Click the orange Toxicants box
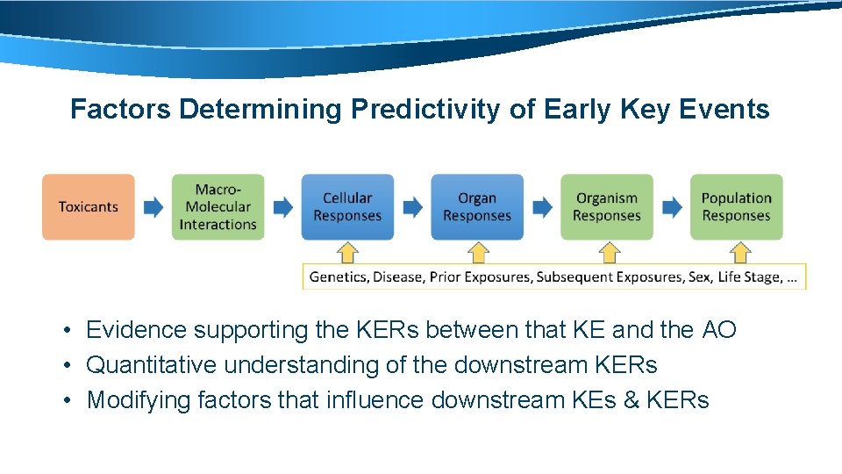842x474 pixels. [89, 207]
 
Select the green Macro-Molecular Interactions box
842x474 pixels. [218, 207]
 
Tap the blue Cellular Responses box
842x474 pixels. [347, 207]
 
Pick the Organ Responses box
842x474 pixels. [476, 207]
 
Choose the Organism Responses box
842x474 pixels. [607, 207]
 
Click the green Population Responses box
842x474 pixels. [736, 207]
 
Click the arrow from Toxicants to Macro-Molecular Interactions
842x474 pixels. [153, 207]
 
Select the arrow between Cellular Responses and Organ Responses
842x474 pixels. [412, 207]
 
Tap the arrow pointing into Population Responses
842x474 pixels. [672, 207]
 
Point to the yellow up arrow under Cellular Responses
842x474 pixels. [348, 253]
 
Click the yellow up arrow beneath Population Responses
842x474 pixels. [739, 253]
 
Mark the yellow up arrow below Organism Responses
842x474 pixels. [608, 253]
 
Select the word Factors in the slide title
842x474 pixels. [120, 110]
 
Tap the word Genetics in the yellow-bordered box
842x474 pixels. [338, 277]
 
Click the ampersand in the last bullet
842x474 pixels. [630, 400]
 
